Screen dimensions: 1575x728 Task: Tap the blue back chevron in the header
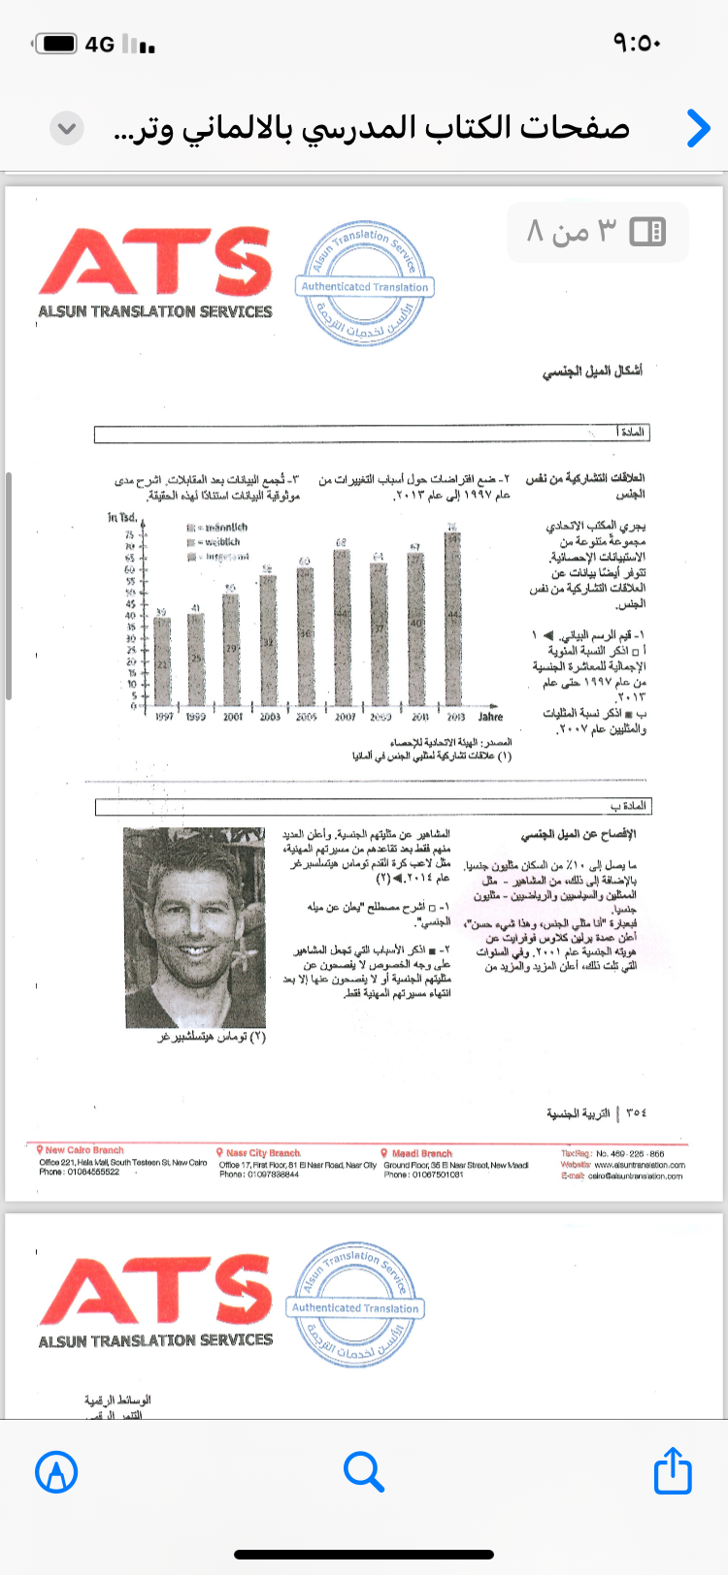(x=698, y=128)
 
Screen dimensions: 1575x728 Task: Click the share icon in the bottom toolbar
(x=673, y=1471)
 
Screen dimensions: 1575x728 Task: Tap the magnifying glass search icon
(x=364, y=1471)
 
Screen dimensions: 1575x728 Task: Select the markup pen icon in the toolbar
(x=56, y=1472)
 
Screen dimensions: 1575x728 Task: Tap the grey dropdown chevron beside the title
(x=67, y=128)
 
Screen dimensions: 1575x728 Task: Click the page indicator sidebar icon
(x=647, y=231)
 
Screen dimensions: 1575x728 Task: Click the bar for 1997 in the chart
(x=162, y=659)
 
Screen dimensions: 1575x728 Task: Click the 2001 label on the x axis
(x=233, y=717)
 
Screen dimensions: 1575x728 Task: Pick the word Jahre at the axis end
(x=490, y=717)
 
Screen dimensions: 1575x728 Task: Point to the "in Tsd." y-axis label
(x=122, y=517)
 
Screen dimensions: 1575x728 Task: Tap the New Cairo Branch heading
(x=83, y=1150)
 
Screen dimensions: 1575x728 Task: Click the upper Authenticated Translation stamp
(x=364, y=283)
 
